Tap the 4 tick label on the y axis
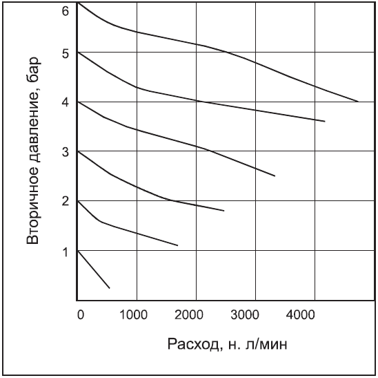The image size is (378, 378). pos(66,103)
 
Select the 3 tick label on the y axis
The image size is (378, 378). pos(66,152)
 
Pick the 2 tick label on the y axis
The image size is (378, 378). pos(66,202)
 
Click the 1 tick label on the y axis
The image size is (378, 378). pos(66,252)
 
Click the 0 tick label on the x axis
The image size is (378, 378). pos(80,315)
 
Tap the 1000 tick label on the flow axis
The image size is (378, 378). pos(135,315)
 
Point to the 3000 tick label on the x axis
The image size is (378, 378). pos(254,315)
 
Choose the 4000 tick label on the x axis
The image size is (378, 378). pos(312,315)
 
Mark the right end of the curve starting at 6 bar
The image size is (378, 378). pos(358,102)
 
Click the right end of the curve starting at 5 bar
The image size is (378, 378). pos(324,121)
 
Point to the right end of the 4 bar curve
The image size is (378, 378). pos(275,176)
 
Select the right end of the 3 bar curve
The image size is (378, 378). pos(224,211)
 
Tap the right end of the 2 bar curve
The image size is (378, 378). pos(177,245)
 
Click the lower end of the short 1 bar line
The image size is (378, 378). pos(110,287)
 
